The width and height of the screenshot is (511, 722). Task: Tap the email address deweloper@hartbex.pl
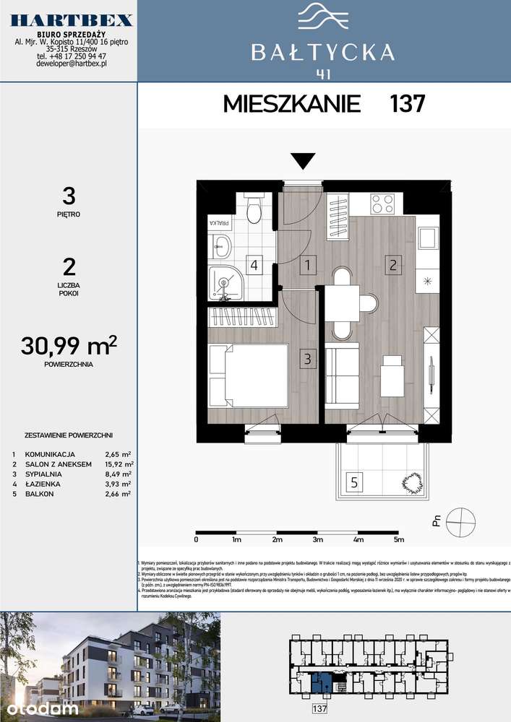[x=72, y=64]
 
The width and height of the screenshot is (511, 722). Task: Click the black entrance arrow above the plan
[x=303, y=160]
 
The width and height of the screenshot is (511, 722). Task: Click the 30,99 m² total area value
[x=70, y=347]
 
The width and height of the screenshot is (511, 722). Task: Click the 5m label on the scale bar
[x=398, y=539]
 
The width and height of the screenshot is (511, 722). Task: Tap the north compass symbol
[x=460, y=521]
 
